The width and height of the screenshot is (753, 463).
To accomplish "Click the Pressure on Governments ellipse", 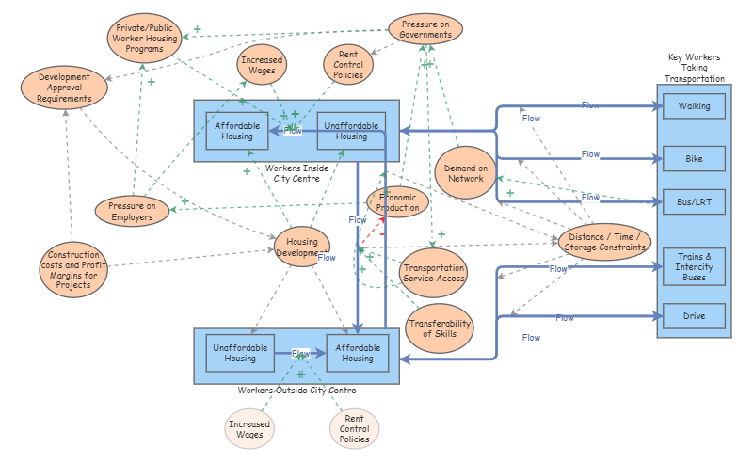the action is click(425, 29).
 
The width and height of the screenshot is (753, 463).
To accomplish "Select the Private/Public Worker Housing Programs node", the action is click(144, 38).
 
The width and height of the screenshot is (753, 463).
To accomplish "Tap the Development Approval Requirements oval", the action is click(64, 88).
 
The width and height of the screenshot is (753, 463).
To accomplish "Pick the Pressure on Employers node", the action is click(132, 211).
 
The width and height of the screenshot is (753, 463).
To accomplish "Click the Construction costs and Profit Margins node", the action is click(73, 269).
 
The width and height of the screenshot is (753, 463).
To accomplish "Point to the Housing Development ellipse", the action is click(302, 247).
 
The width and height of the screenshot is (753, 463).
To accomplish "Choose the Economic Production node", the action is click(397, 202).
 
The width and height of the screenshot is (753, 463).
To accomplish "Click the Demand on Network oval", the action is click(465, 173).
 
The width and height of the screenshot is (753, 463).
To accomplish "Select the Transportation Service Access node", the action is click(433, 273).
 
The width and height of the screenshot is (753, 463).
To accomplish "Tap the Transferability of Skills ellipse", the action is click(440, 328).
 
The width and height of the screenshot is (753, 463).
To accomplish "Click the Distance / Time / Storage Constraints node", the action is click(604, 242).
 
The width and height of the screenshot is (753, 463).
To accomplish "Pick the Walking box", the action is click(694, 106).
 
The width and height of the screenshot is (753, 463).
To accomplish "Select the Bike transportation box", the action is click(694, 158).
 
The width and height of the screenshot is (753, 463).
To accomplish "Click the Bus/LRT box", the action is click(694, 201).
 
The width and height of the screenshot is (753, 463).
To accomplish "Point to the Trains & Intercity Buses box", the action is click(694, 266).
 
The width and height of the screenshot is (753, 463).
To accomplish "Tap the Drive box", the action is click(694, 316).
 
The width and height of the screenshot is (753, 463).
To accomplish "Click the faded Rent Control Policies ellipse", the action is click(355, 428).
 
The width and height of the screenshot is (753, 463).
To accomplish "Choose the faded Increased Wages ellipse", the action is click(249, 429).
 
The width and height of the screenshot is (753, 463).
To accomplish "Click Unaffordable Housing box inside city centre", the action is click(351, 131).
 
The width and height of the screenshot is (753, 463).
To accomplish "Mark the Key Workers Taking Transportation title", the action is click(695, 68).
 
